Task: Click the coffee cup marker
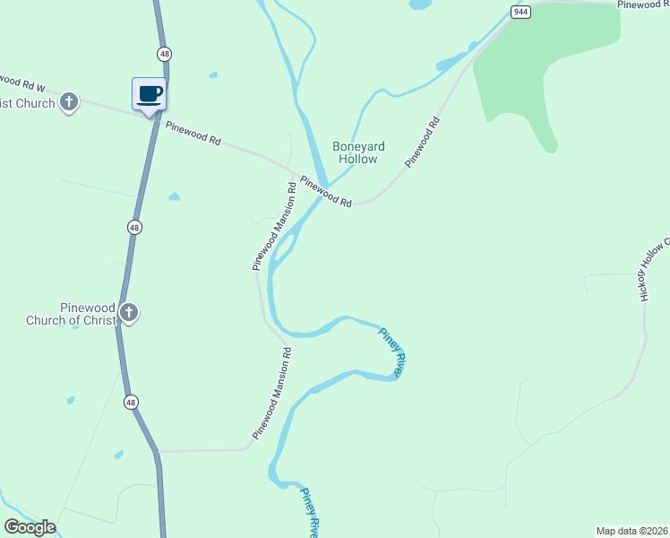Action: pos(149,94)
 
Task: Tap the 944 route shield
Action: pos(520,12)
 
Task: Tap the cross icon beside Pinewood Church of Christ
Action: pos(129,313)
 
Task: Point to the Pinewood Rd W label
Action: pos(23,84)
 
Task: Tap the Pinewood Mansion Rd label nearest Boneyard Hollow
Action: pos(274,227)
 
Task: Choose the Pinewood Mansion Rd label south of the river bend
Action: pos(272,393)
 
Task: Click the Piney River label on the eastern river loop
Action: pos(393,351)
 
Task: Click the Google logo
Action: pos(30,527)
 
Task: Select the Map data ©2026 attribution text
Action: pos(631,530)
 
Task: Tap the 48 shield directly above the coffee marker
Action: pos(164,54)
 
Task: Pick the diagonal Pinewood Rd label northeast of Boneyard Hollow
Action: pos(423,142)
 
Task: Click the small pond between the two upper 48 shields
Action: pos(174,196)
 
